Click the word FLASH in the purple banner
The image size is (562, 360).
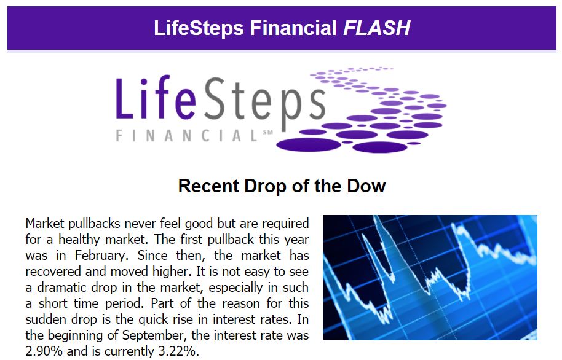click(377, 28)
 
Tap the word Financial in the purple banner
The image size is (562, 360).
click(293, 28)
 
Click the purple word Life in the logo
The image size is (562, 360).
click(156, 97)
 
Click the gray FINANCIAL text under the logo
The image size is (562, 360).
click(186, 136)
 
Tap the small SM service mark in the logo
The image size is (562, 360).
click(267, 132)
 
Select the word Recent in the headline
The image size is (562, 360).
click(208, 186)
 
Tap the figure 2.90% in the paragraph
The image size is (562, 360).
click(44, 351)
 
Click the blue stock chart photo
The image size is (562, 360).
click(430, 278)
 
